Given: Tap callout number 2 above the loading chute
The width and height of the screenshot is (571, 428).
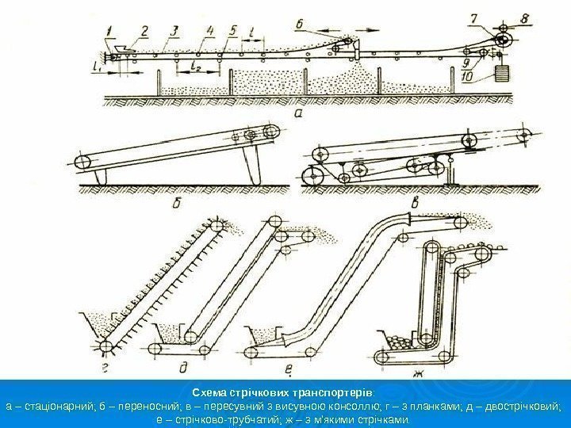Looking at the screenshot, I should pos(144,31).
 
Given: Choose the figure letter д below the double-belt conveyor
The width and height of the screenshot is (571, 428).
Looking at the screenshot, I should pos(186,366).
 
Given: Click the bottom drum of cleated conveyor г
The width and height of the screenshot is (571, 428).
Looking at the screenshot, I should pos(106,345).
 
